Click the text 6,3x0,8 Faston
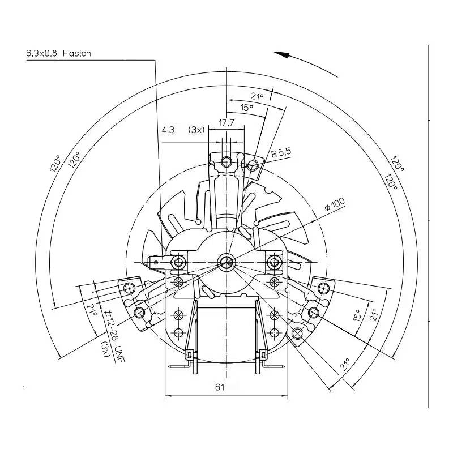pos(58,53)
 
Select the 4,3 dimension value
pos(168,130)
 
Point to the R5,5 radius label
pos(281,153)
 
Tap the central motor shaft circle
pos(226,262)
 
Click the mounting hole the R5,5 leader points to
pos(252,165)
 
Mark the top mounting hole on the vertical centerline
pos(226,162)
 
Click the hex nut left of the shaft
pos(179,262)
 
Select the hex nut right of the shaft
pos(275,262)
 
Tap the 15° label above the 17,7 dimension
pos(246,107)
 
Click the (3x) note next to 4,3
pos(196,130)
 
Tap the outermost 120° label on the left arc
pos(55,164)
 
